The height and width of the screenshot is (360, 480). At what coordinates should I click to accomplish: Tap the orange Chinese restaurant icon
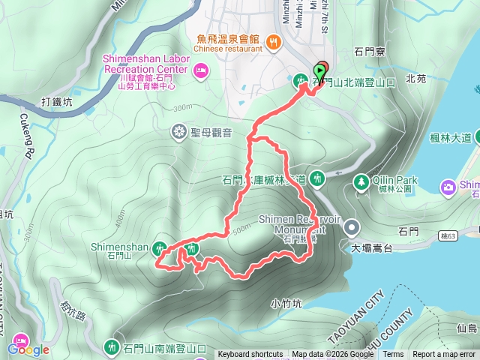click(x=274, y=42)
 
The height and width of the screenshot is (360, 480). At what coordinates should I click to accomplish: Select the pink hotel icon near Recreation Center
click(x=200, y=71)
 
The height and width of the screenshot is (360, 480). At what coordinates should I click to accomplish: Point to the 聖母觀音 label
click(x=211, y=133)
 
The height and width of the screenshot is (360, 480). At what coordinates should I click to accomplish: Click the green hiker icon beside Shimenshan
click(x=160, y=247)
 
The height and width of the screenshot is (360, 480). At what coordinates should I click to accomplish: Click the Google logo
click(x=28, y=349)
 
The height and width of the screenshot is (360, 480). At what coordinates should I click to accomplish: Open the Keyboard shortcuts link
click(x=250, y=355)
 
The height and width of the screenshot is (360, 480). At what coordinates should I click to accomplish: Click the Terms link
click(x=393, y=355)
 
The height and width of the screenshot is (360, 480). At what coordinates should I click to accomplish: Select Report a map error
click(x=444, y=355)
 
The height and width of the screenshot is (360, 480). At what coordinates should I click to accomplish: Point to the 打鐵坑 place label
click(x=56, y=101)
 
